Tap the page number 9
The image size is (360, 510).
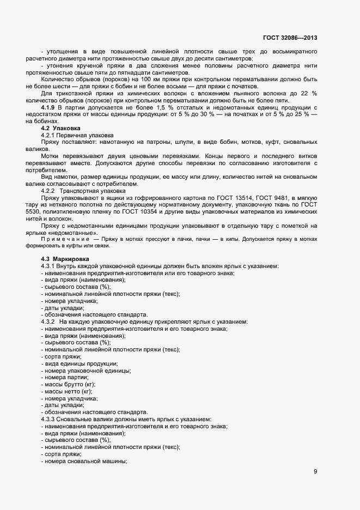(x=315, y=471)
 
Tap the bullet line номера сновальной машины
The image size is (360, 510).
(x=84, y=461)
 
